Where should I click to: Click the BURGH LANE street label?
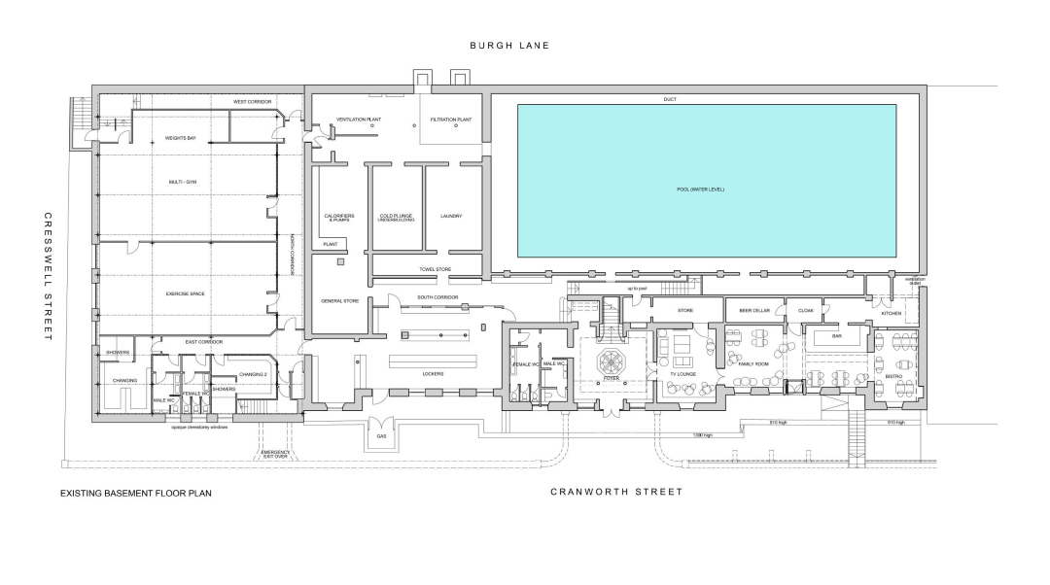[x=509, y=45]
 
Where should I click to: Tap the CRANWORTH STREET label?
[x=616, y=492]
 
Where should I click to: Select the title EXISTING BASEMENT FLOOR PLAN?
[x=136, y=493]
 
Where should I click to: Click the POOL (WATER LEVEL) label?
[x=700, y=189]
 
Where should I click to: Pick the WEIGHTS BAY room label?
[x=180, y=138]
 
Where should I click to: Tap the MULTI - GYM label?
[x=183, y=182]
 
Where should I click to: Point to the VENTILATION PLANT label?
[x=357, y=120]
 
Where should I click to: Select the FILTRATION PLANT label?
[x=451, y=120]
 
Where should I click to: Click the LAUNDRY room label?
[x=451, y=216]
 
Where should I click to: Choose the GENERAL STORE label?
[x=340, y=301]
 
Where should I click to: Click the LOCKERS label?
[x=433, y=373]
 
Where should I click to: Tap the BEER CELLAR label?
[x=754, y=310]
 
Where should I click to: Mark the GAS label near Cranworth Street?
[x=381, y=436]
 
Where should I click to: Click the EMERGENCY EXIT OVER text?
[x=276, y=456]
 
